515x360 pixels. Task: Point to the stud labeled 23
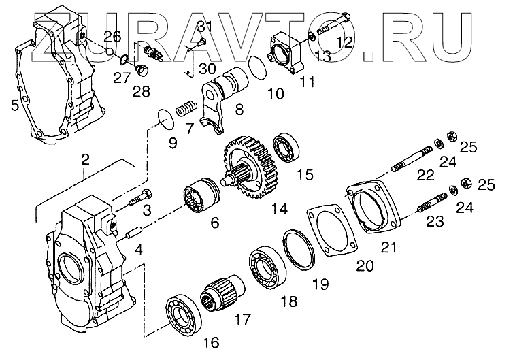425,202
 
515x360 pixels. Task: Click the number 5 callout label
14,105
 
